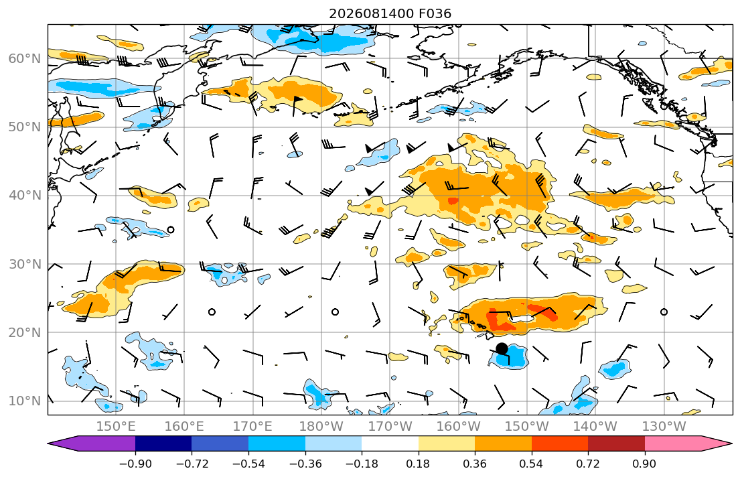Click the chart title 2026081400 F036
pos(390,13)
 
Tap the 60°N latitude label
pos(25,58)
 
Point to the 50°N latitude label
pos(25,127)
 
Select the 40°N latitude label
pos(25,196)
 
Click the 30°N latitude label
pos(25,264)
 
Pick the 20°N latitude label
pos(25,332)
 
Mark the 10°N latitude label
pos(25,401)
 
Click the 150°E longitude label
pos(116,427)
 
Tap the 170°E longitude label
pos(253,427)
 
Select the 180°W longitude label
pos(321,427)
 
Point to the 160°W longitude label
pos(458,427)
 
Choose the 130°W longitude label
pos(664,427)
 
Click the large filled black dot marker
pos(502,348)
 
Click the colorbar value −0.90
pos(135,464)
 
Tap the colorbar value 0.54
pos(532,464)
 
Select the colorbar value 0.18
pos(418,464)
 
